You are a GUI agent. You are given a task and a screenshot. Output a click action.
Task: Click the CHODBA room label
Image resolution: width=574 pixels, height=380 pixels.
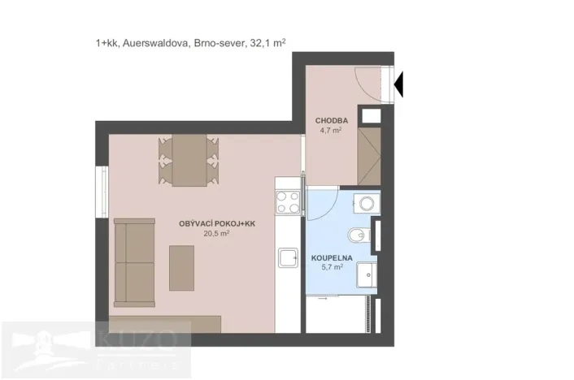[x=332, y=121]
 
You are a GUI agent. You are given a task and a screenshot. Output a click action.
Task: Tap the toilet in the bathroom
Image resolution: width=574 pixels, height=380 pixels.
[x=359, y=236]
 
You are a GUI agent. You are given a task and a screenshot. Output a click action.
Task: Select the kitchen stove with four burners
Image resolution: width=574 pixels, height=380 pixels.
[x=287, y=200]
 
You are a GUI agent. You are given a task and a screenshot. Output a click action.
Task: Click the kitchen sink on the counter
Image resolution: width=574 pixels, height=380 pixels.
[x=288, y=258]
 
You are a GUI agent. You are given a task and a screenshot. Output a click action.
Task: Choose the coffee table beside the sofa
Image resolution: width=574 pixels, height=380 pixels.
[x=181, y=267]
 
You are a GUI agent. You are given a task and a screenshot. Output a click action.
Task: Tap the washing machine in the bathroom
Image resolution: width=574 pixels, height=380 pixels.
[x=364, y=202]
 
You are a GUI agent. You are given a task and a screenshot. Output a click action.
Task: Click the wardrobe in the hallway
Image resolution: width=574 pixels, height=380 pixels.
[x=371, y=154]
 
